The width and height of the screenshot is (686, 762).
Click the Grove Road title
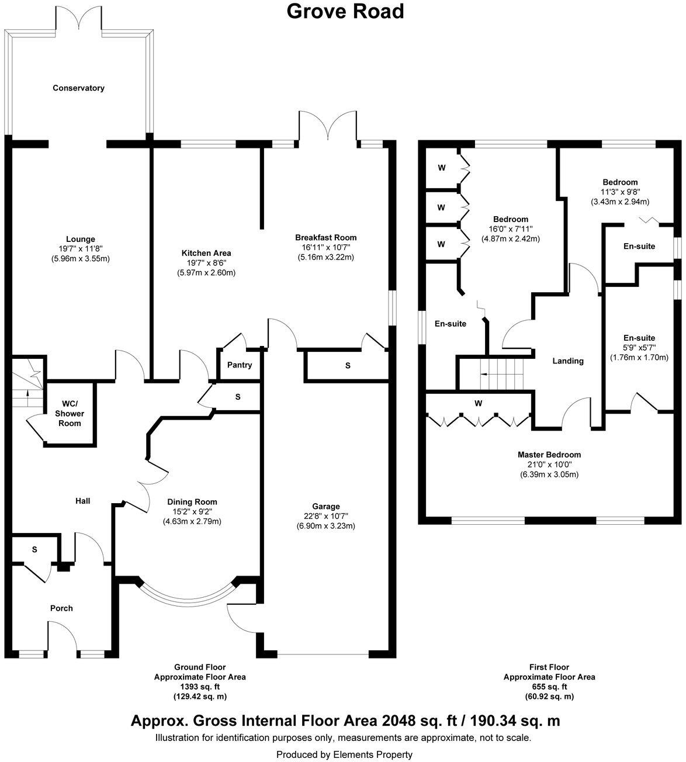click(345, 11)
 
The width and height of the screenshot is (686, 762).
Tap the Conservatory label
click(78, 88)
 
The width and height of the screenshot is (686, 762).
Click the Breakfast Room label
click(325, 237)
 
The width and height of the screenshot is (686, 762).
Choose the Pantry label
click(240, 365)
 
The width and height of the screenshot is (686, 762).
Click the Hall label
click(82, 501)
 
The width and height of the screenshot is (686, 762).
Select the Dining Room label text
click(192, 502)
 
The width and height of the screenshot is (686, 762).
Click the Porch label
click(61, 608)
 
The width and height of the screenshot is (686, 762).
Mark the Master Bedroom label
click(549, 455)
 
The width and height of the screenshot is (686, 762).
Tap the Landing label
click(568, 361)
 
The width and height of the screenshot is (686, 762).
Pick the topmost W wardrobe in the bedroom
click(442, 168)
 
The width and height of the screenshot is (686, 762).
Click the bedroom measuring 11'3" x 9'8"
click(619, 192)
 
